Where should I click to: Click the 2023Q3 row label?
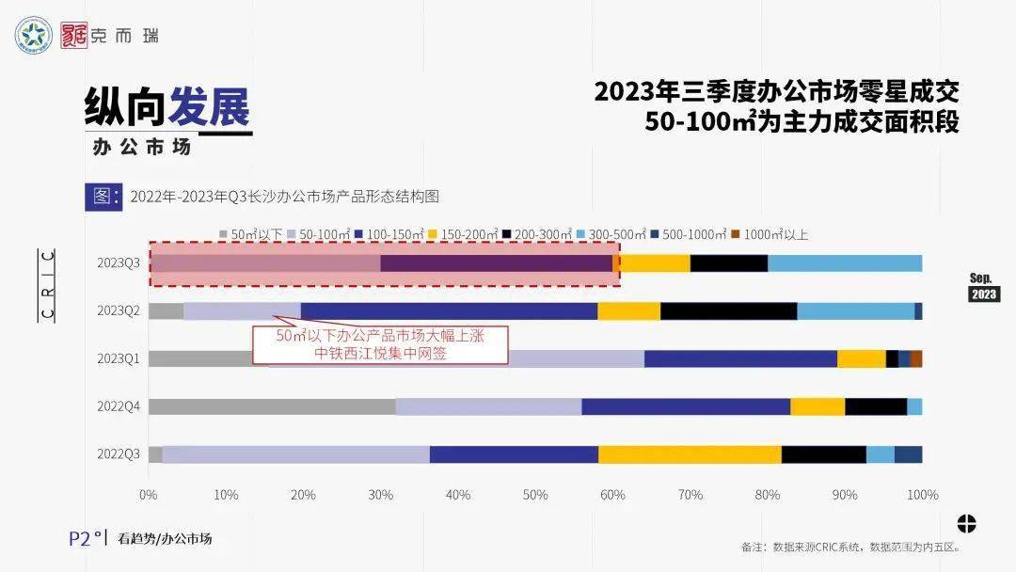(118, 263)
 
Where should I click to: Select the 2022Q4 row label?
(118, 406)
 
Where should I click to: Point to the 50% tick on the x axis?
(535, 495)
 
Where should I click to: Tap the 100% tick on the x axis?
(922, 495)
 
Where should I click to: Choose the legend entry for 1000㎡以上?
(775, 234)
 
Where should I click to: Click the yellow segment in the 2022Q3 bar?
(690, 454)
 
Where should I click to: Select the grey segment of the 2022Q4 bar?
(272, 406)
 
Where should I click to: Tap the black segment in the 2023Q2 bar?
(728, 311)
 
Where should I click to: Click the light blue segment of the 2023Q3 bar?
(845, 263)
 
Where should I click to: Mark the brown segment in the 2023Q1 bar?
(916, 358)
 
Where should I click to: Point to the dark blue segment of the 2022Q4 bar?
(686, 406)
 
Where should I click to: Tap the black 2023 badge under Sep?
(983, 294)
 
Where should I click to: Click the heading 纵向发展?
(167, 109)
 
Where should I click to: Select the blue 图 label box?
(103, 196)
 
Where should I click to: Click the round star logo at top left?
(34, 36)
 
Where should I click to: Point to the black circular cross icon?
(966, 523)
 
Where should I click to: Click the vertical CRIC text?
(48, 285)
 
